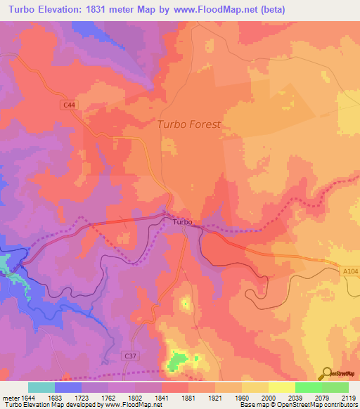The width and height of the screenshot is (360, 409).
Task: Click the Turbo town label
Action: point(182,222)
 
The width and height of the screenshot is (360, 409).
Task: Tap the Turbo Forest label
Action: point(189,124)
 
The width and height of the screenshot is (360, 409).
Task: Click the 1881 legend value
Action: point(188,398)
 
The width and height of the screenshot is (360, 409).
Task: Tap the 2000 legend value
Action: point(268,398)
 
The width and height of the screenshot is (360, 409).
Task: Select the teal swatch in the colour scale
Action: point(41,387)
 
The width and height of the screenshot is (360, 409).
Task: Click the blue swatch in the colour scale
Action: point(68,387)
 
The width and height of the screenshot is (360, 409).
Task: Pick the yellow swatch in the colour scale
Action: point(281,387)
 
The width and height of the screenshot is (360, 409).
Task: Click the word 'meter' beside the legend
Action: point(9,398)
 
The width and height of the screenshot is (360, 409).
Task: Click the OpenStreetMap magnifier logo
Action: point(326,372)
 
